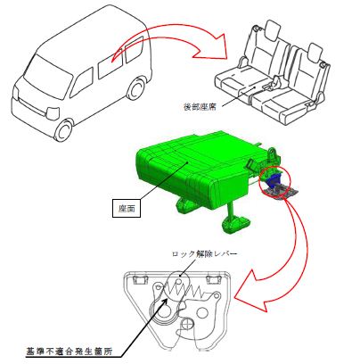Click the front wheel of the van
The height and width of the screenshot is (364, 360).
tap(64, 130)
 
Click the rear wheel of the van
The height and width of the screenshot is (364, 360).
tap(135, 88)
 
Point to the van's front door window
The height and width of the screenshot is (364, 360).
tap(81, 83)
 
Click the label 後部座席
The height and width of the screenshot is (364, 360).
tap(200, 107)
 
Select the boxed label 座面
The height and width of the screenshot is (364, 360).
tap(127, 208)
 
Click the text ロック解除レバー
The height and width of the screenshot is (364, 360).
tap(205, 253)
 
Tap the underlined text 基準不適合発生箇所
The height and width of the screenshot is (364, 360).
tap(69, 352)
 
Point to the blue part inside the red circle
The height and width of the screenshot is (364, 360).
tap(274, 179)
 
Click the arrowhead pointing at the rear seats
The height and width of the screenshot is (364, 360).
tap(213, 46)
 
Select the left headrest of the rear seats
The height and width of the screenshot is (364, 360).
tap(273, 29)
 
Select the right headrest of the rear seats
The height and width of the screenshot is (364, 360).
tap(315, 52)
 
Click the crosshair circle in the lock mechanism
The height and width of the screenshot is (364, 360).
tap(187, 324)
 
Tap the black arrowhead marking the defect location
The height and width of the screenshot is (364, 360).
tap(165, 301)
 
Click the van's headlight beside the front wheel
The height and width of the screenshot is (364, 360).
tap(53, 112)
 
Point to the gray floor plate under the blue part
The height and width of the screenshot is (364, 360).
tap(281, 192)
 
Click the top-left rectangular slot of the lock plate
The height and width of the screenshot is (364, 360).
tap(140, 279)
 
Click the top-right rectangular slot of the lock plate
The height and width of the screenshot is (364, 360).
tap(213, 279)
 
